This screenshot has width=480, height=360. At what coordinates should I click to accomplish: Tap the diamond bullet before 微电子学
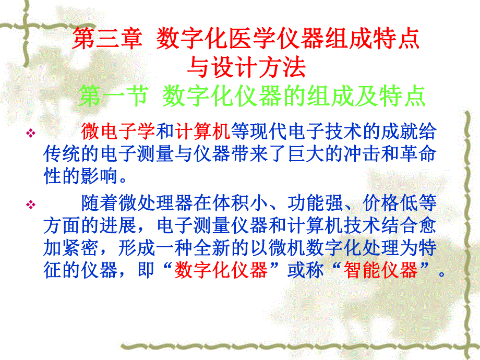click(31, 134)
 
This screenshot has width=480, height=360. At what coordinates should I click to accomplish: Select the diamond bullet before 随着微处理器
click(31, 205)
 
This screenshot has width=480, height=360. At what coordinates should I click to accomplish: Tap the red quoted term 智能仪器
click(381, 271)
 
